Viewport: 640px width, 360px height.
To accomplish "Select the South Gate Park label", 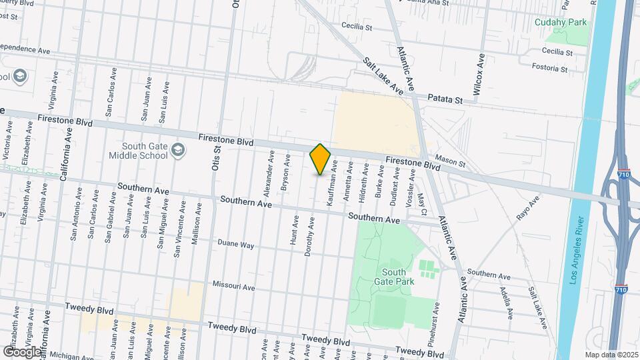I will (398, 277).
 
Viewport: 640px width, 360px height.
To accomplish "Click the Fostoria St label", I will (550, 67).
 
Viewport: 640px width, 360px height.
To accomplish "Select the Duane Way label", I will (237, 245).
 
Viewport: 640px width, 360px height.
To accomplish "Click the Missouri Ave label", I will (234, 285).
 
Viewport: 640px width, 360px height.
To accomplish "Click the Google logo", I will (22, 351).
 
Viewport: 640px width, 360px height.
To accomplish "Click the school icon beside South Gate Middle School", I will (178, 150).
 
